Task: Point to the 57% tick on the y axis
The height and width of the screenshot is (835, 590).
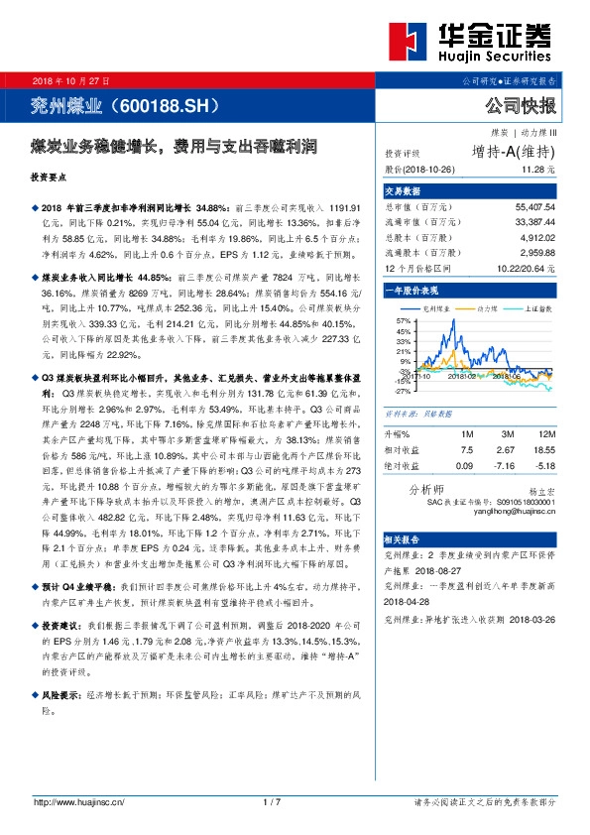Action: [402, 322]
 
